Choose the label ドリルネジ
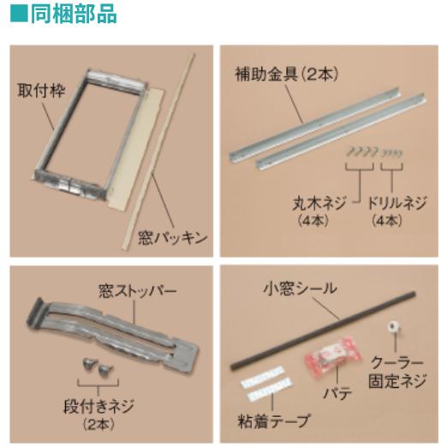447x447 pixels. pos(396,205)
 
